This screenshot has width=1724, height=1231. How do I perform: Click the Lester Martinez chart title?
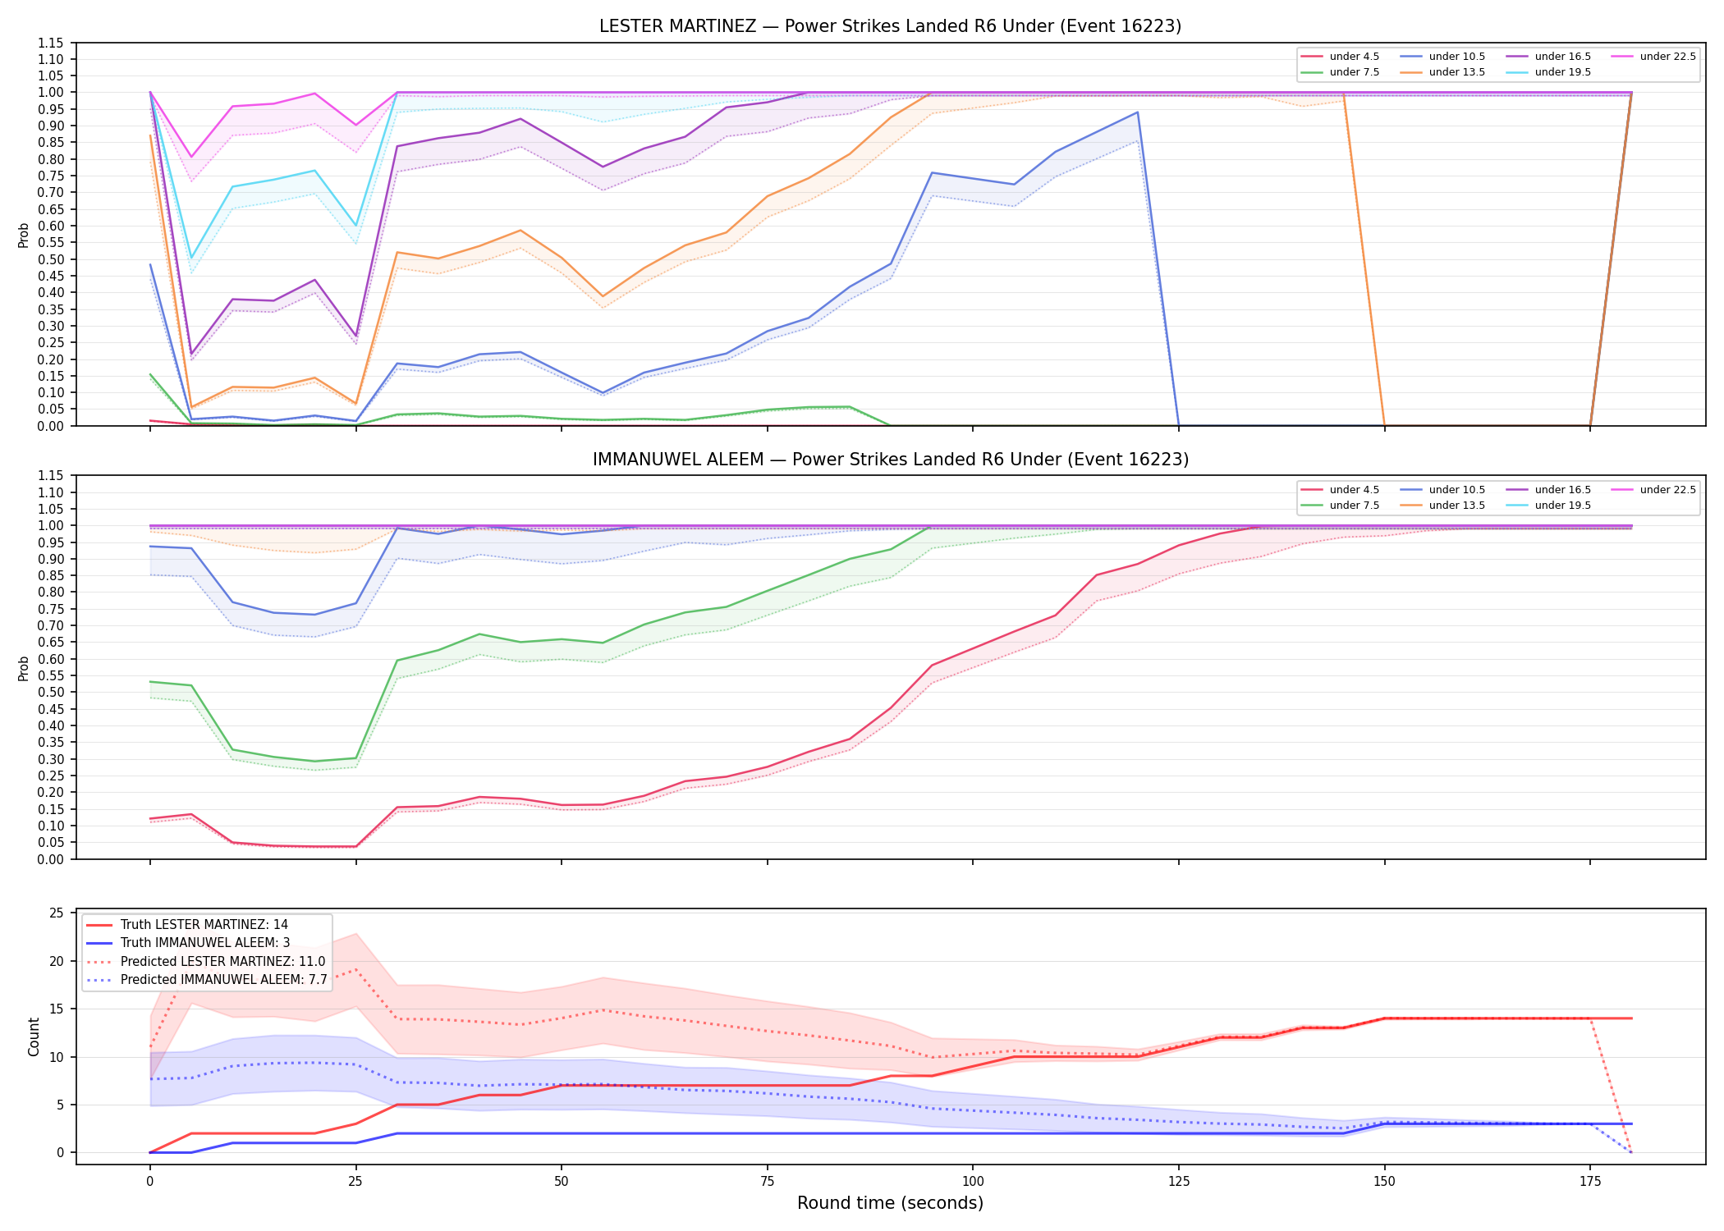(890, 26)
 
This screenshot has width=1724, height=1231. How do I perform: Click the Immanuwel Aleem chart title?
(890, 460)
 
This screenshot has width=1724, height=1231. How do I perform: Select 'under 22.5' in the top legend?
(1667, 57)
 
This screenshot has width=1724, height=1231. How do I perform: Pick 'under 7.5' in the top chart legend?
(1354, 72)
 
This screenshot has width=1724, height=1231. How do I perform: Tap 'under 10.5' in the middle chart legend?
(1456, 490)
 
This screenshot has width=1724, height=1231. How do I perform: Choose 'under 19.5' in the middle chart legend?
(1562, 506)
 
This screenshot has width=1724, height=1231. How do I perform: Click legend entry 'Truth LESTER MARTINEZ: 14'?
(204, 925)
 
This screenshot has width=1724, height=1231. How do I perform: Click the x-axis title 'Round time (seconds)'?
(890, 1203)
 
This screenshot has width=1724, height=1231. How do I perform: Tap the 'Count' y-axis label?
(34, 1037)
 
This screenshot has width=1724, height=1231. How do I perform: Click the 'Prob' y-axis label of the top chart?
(24, 236)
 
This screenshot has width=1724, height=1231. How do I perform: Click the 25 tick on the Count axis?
(57, 913)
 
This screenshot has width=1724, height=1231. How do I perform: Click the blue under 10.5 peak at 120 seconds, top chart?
(1137, 112)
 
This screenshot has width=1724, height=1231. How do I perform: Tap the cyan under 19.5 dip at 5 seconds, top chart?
(191, 259)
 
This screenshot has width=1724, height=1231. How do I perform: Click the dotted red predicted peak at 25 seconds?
(355, 969)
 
